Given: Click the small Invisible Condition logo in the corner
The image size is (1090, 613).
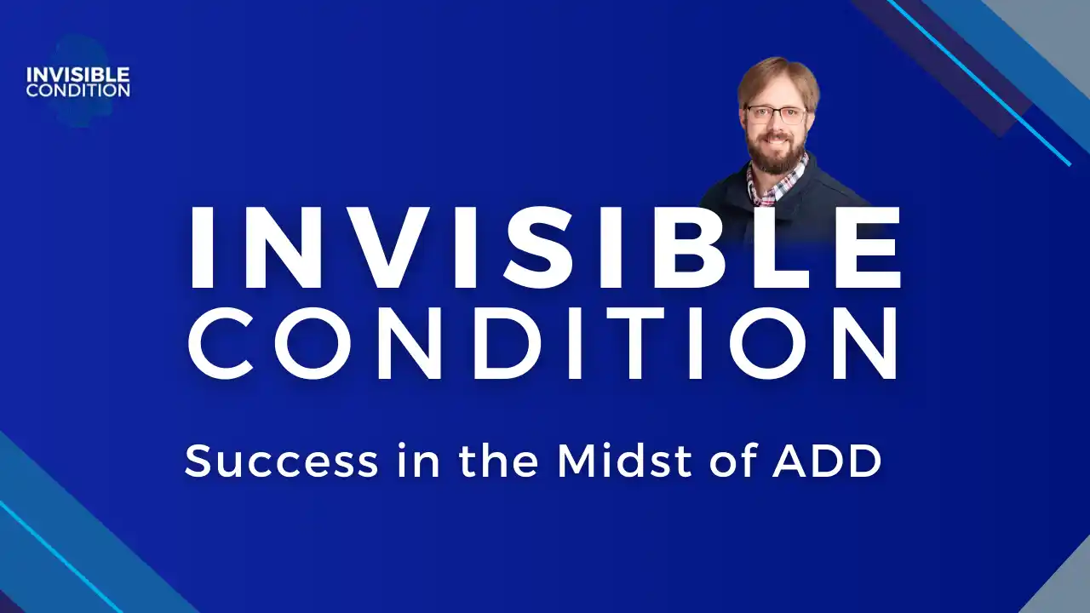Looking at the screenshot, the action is [x=78, y=82].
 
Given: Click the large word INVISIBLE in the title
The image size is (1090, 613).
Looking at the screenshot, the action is [x=546, y=248].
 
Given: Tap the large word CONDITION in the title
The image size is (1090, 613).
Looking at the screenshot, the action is [x=543, y=343].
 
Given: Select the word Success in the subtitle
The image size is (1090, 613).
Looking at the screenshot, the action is [x=281, y=461].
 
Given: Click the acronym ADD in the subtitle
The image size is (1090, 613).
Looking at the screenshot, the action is [x=827, y=461].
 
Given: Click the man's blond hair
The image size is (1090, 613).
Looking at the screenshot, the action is [x=778, y=80].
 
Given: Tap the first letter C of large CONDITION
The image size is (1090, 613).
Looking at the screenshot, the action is [x=221, y=343].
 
